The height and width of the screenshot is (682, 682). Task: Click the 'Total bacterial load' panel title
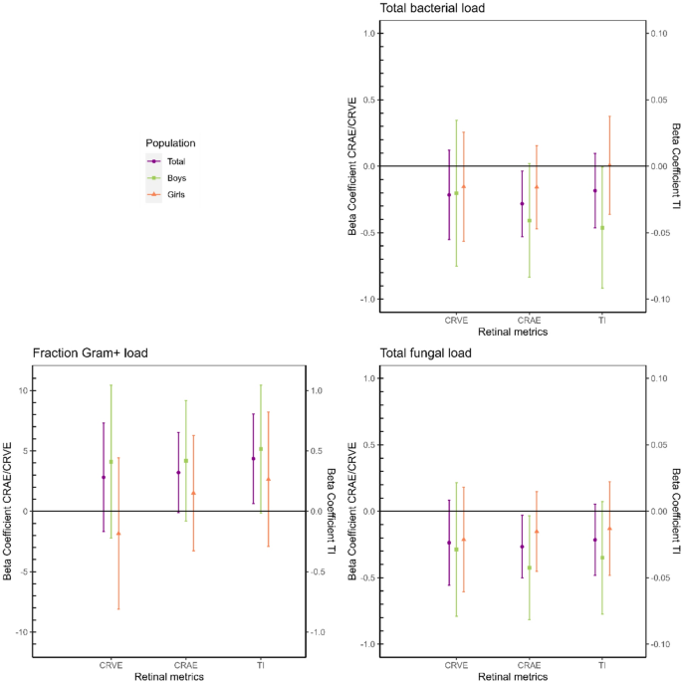click(x=429, y=9)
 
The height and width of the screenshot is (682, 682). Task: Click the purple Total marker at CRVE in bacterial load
click(x=449, y=195)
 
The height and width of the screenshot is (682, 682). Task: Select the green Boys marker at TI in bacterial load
click(x=602, y=228)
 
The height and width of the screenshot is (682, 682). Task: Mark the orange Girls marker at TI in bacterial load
click(x=609, y=165)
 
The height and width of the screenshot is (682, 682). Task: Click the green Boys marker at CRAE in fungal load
click(x=530, y=568)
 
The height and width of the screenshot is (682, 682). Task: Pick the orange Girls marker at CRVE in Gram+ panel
click(x=118, y=534)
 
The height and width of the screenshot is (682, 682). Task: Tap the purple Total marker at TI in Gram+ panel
click(x=253, y=458)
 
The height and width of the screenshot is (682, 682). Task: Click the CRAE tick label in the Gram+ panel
click(x=185, y=663)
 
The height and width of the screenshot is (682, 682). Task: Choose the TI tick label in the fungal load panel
click(x=602, y=664)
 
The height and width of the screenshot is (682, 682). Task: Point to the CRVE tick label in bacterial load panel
click(x=457, y=320)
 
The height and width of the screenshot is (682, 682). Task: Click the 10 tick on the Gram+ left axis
click(x=22, y=390)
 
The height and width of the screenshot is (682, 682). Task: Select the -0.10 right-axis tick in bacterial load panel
click(x=659, y=300)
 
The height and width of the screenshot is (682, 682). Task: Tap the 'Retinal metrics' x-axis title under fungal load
click(x=512, y=676)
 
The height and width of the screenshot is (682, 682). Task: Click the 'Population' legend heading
click(x=170, y=143)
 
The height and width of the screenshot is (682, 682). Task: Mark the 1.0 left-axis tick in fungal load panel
click(x=367, y=378)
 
